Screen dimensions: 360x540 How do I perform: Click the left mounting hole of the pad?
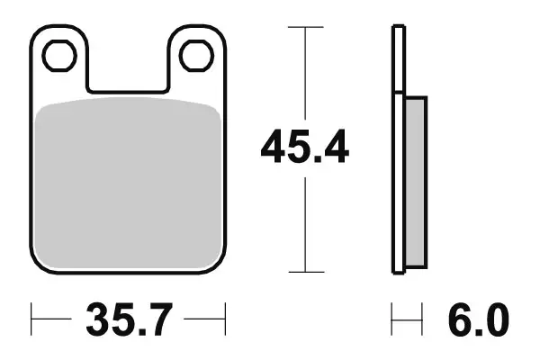(x=58, y=56)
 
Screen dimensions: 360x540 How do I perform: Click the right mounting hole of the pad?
(x=194, y=56)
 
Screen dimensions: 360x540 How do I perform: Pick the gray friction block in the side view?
(x=415, y=180)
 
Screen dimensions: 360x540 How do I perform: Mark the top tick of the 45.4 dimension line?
(x=305, y=28)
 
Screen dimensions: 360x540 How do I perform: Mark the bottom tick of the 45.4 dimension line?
(x=305, y=271)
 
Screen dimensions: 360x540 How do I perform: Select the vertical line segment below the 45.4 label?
(x=305, y=225)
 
